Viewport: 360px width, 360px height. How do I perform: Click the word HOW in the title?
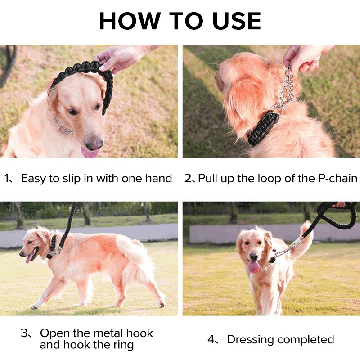(130, 21)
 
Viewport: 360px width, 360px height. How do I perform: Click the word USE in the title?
(237, 21)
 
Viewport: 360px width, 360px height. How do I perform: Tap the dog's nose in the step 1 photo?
(94, 143)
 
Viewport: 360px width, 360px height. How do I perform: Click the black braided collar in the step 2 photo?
(263, 128)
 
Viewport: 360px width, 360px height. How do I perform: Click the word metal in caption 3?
(108, 333)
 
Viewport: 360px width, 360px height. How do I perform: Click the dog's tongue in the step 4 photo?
(254, 267)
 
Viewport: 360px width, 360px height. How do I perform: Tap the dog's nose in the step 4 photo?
(254, 256)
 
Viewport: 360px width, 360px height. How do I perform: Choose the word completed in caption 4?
(304, 340)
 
